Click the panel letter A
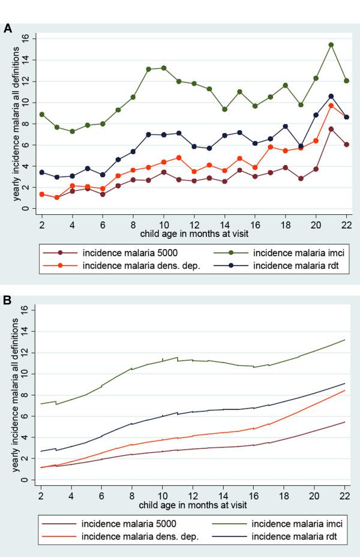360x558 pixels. point(8,28)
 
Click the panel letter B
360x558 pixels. point(8,296)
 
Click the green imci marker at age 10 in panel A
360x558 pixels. point(163,68)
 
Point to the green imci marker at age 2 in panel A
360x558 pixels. point(41,114)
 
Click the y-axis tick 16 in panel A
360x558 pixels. point(25,38)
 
